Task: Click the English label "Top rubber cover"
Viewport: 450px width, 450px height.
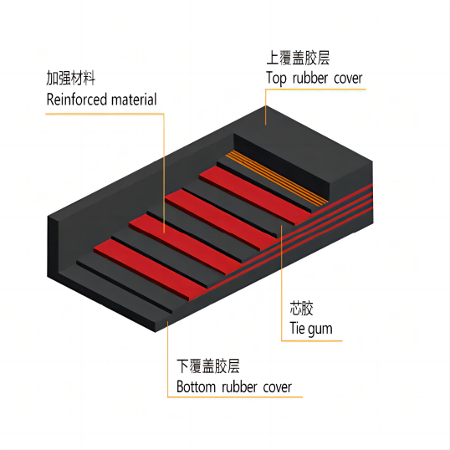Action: click(314, 78)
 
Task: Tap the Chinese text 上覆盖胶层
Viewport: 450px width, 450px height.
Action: click(298, 58)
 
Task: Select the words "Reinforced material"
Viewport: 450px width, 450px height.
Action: click(101, 100)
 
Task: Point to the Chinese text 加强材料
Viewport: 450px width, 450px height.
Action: click(70, 78)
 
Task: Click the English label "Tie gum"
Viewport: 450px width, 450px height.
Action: click(311, 329)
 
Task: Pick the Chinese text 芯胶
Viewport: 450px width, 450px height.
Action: click(301, 309)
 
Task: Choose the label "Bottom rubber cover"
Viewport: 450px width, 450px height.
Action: click(234, 386)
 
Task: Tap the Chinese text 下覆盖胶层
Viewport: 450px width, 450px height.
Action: click(208, 366)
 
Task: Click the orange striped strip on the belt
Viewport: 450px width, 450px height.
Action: click(277, 178)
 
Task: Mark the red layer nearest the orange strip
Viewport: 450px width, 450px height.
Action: click(255, 195)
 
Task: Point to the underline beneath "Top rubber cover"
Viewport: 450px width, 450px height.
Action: click(315, 89)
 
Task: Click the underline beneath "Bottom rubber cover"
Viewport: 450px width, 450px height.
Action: click(235, 397)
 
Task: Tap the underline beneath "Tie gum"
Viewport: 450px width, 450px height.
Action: click(312, 341)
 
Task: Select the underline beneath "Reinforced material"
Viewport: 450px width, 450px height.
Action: click(105, 114)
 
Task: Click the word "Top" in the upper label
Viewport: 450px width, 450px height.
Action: click(276, 78)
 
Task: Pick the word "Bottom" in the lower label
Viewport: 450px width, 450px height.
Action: click(196, 386)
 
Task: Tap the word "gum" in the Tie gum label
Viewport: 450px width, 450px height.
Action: click(320, 330)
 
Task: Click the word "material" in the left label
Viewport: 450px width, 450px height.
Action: click(134, 100)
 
